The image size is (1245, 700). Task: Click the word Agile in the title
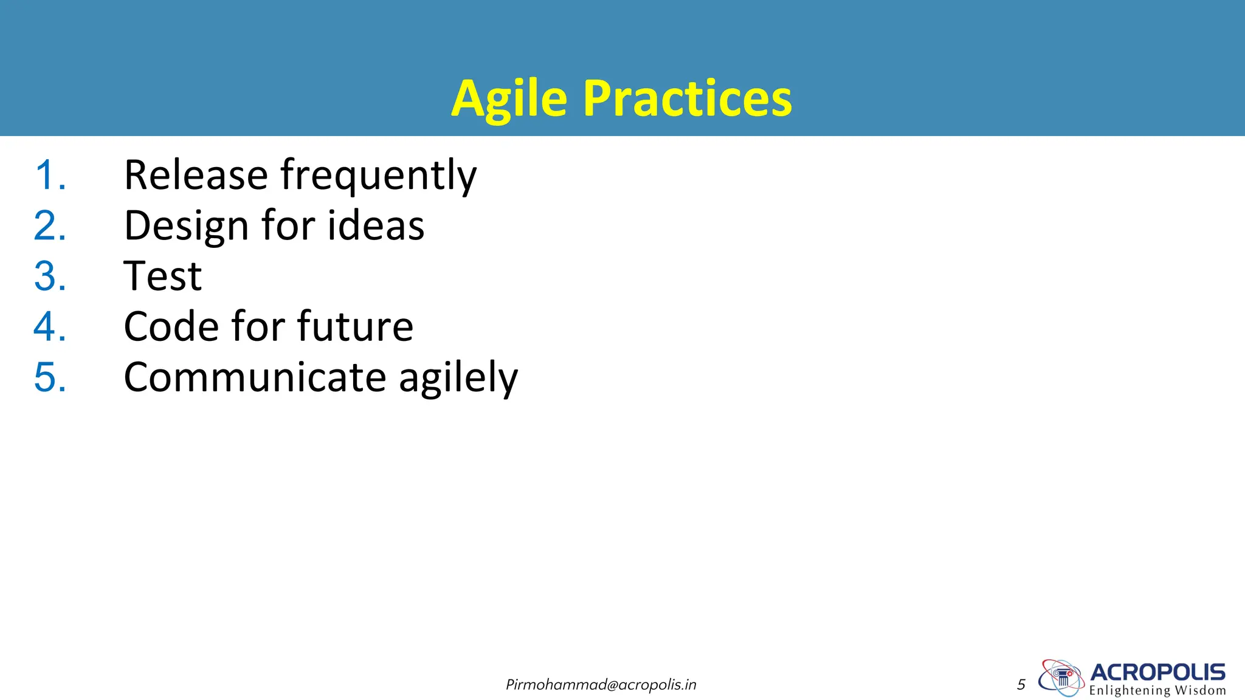click(x=509, y=99)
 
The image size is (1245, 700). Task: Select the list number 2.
click(x=49, y=226)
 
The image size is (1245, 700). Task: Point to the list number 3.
click(x=49, y=276)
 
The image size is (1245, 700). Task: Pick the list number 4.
click(x=49, y=327)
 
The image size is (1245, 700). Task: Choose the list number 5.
click(x=49, y=377)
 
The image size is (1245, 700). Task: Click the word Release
click(x=196, y=175)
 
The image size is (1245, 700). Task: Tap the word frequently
click(x=378, y=176)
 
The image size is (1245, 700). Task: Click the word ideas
click(x=376, y=226)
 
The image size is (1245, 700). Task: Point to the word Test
click(x=162, y=276)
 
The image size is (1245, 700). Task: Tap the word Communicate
click(x=255, y=377)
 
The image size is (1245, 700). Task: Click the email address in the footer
click(x=601, y=685)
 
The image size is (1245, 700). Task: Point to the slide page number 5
click(x=1021, y=685)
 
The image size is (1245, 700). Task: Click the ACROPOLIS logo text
click(x=1157, y=672)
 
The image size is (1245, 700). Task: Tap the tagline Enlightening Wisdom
click(x=1157, y=690)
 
